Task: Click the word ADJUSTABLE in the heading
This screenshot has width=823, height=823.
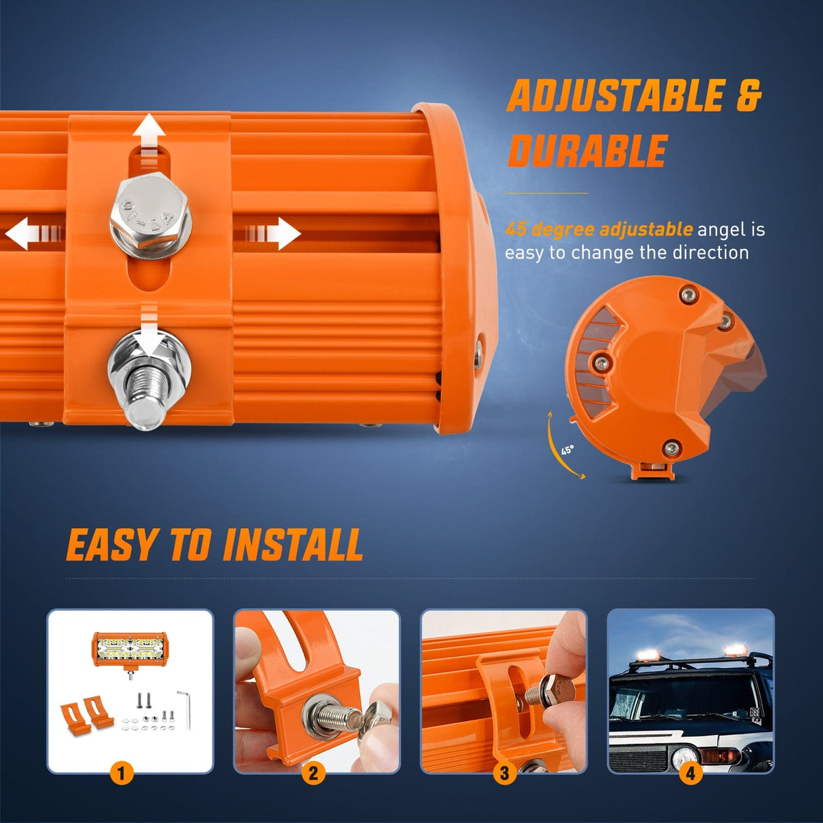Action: click(616, 96)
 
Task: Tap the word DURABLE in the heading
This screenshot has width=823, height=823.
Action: click(588, 150)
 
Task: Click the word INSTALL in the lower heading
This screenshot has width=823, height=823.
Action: click(293, 546)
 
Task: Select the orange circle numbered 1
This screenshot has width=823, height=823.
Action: click(121, 772)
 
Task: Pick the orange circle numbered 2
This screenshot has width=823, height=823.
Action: click(313, 772)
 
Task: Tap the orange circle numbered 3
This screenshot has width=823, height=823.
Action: click(504, 772)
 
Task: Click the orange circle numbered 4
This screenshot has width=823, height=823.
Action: click(690, 772)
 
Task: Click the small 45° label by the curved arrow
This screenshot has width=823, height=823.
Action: click(567, 449)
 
